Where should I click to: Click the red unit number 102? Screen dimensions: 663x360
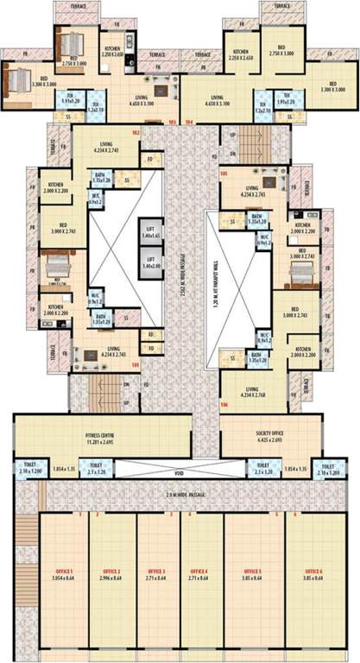(136, 132)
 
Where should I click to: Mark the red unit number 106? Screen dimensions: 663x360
(224, 405)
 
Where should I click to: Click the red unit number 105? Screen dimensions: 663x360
(224, 174)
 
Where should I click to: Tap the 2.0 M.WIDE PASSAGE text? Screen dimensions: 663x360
(179, 496)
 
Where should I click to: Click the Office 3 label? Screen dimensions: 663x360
(156, 576)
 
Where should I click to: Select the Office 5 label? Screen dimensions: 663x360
(251, 576)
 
